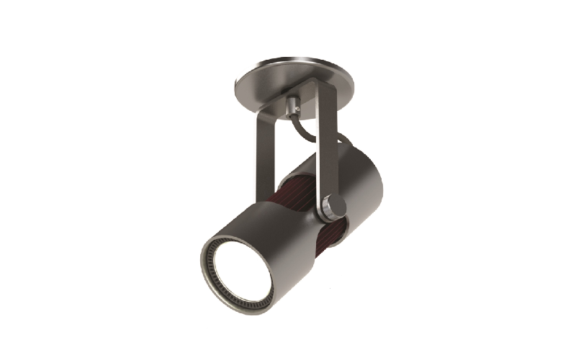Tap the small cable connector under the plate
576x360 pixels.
(x=293, y=106)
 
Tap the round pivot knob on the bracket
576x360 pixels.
(x=332, y=206)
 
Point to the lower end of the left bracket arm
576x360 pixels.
(x=264, y=194)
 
